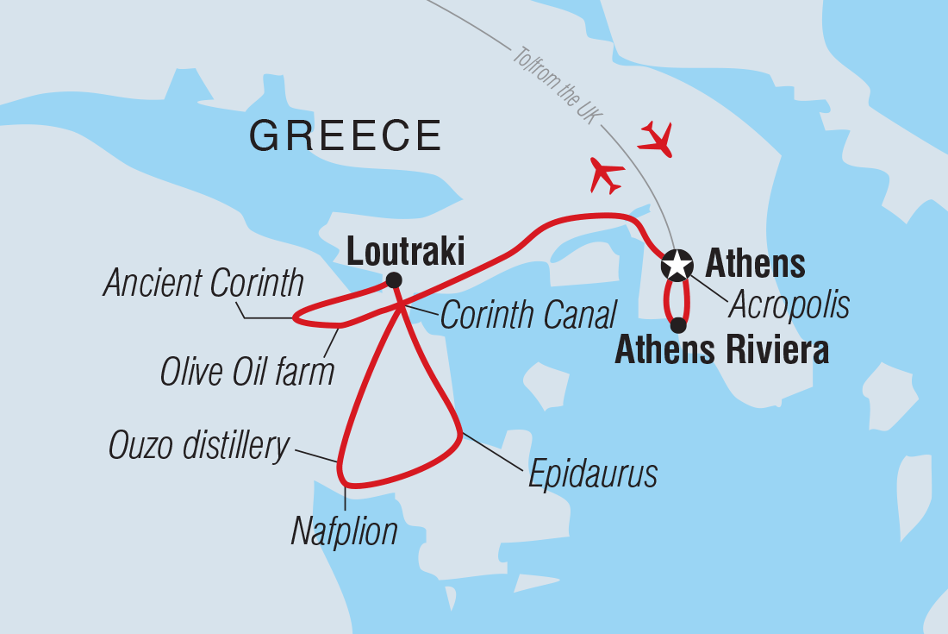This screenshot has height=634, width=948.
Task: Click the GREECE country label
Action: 346,136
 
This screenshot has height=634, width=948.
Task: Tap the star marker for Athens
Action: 677,265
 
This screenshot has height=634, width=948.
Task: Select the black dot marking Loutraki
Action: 394,279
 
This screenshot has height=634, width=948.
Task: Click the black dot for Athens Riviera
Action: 678,325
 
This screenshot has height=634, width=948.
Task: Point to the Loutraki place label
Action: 405,253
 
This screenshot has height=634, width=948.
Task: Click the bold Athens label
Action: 755,263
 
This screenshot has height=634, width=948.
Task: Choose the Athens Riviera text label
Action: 721,352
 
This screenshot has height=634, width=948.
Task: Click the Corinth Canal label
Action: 529,315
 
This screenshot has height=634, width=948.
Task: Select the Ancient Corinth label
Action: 203,283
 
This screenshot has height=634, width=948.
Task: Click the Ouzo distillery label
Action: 199,446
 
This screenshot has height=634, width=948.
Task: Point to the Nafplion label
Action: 344,531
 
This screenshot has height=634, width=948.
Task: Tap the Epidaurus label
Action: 593,474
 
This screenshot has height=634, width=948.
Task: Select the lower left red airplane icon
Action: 607,175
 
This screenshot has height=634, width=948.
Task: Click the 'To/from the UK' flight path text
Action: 553,87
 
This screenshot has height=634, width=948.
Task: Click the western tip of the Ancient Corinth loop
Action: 295,318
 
